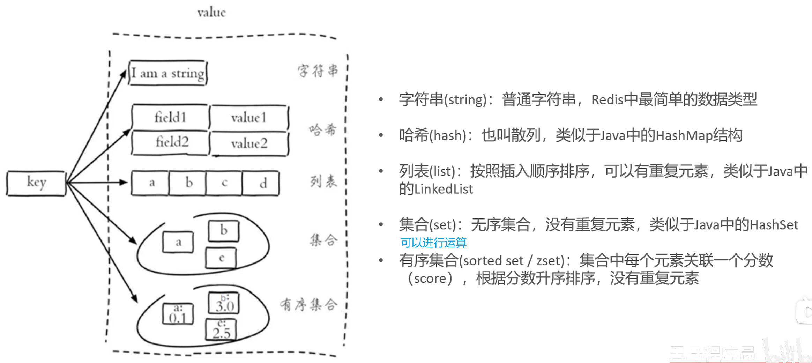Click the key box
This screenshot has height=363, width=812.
36,183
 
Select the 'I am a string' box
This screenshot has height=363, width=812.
168,73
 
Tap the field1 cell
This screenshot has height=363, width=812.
170,117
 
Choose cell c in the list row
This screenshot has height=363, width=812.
224,183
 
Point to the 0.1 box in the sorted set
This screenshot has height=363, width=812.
178,314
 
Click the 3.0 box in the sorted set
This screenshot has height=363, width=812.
224,303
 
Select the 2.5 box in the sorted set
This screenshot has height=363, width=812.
221,329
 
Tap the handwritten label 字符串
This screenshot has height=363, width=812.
318,71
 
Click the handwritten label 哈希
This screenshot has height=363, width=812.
323,130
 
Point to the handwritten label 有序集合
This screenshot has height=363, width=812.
308,304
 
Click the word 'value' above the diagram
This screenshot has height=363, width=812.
211,13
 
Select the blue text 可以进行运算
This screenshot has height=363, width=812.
433,242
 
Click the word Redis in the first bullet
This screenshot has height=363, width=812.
607,100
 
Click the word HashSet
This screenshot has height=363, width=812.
774,225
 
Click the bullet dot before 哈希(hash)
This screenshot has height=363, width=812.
381,135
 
